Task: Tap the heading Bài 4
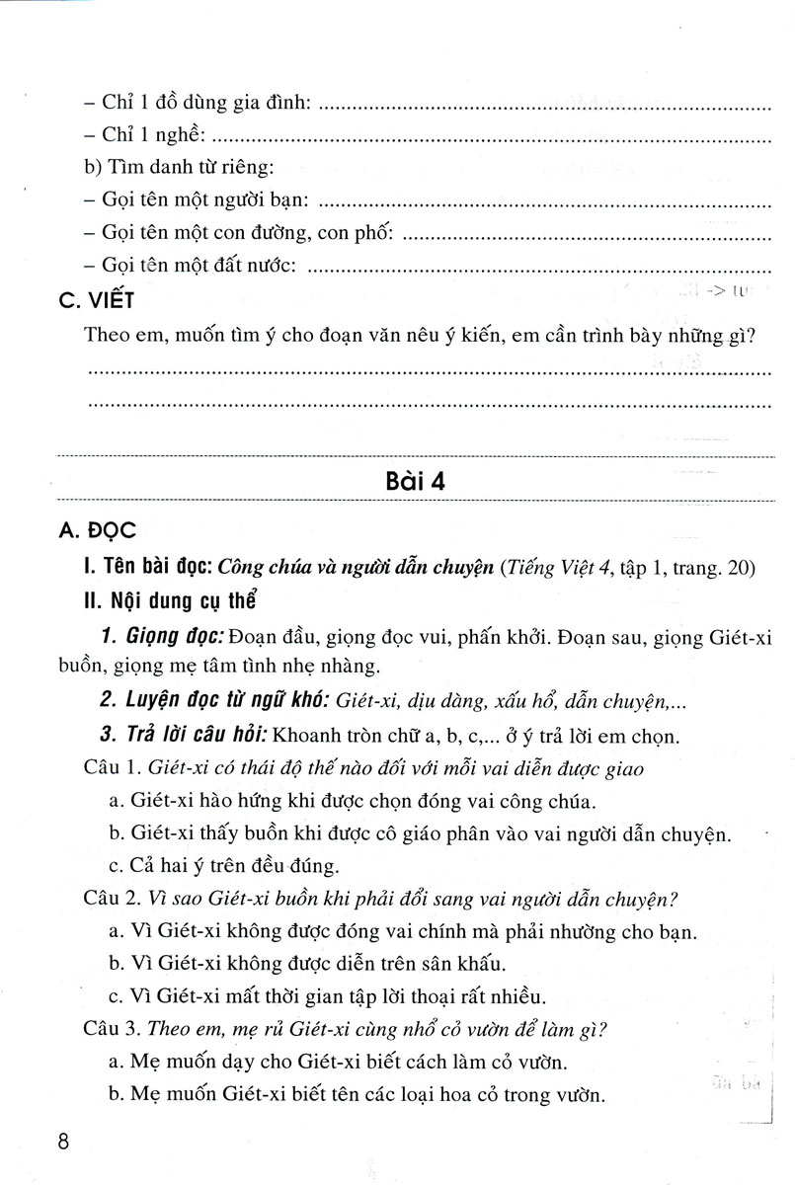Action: point(415,482)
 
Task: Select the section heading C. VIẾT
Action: point(95,300)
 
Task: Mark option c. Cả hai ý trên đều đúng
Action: point(224,866)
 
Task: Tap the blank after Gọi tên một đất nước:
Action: point(540,266)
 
